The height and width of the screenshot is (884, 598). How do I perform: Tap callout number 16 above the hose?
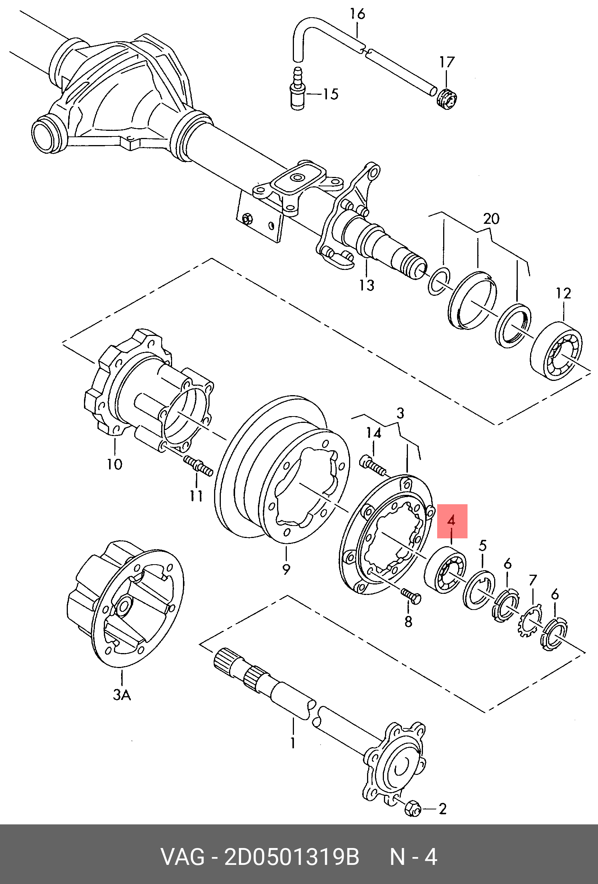358,14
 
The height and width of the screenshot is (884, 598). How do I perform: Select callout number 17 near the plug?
447,62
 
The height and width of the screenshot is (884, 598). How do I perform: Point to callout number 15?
331,94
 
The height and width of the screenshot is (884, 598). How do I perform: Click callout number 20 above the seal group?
491,219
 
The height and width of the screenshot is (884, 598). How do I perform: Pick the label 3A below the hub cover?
122,695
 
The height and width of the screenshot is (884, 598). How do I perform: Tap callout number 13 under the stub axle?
367,285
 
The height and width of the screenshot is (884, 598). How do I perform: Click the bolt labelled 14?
373,466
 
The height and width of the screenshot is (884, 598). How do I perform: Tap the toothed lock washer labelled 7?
531,622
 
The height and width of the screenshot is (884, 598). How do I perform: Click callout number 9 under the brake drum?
286,569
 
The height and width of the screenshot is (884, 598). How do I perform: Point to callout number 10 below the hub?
114,464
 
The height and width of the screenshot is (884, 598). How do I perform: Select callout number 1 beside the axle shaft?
293,743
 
